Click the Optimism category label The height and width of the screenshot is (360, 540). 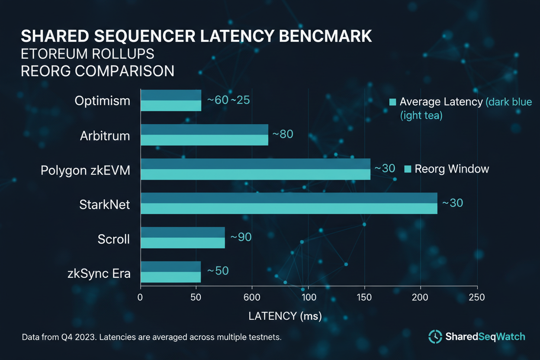click(x=102, y=101)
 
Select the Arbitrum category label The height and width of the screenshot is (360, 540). click(x=105, y=135)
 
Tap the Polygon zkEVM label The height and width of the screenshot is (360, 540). click(x=85, y=170)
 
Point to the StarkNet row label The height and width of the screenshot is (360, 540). click(x=104, y=204)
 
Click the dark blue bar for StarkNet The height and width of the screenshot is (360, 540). click(x=289, y=198)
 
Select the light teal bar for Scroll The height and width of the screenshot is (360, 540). click(x=183, y=243)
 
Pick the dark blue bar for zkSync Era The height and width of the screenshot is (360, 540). click(x=170, y=267)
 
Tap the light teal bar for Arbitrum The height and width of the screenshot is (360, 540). click(x=204, y=140)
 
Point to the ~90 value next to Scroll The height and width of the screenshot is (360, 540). click(x=241, y=238)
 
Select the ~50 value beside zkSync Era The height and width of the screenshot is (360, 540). click(x=217, y=271)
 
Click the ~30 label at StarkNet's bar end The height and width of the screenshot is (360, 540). click(x=452, y=203)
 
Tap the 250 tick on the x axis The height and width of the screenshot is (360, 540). click(x=477, y=297)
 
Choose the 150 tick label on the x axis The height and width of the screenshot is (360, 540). click(x=364, y=297)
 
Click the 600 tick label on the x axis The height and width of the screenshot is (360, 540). click(x=252, y=297)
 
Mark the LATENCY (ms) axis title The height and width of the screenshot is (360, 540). click(x=285, y=316)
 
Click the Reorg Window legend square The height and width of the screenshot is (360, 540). click(x=407, y=169)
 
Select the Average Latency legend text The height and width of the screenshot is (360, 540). click(x=440, y=102)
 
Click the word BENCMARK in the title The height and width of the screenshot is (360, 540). click(x=325, y=36)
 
